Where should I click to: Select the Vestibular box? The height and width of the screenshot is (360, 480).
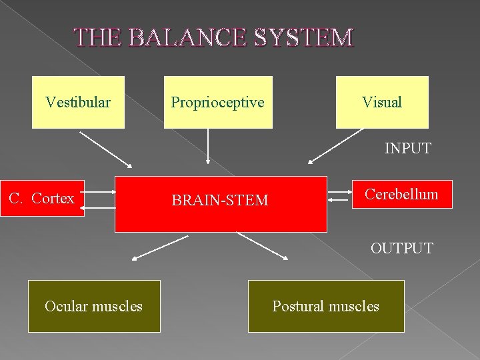click(78, 102)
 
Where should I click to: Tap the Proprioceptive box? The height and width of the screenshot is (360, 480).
click(218, 102)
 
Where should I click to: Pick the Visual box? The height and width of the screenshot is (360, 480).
click(382, 102)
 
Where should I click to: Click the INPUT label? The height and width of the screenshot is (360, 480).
click(407, 148)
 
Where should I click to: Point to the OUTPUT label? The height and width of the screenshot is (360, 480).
click(402, 248)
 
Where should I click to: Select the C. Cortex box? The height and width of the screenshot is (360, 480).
click(42, 198)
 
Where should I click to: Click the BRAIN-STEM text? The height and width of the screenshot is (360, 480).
click(220, 200)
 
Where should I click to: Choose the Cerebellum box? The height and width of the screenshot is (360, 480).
click(401, 194)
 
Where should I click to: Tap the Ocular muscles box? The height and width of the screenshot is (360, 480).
click(94, 306)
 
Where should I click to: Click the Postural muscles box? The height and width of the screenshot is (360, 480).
click(326, 306)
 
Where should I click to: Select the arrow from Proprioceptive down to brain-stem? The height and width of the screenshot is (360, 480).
click(208, 146)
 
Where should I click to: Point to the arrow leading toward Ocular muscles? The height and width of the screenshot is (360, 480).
click(160, 247)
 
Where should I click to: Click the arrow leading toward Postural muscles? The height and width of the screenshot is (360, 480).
click(261, 246)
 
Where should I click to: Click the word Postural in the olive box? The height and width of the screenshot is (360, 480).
click(298, 306)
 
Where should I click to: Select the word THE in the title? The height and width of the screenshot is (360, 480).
click(97, 38)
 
